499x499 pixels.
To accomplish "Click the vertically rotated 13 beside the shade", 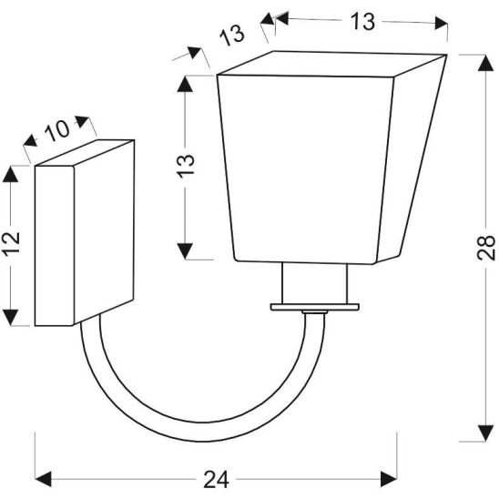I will tap(186, 167).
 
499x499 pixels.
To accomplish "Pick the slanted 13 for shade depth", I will tap(233, 36).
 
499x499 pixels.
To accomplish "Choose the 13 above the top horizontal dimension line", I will tap(362, 23).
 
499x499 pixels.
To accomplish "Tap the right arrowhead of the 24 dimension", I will tap(391, 478).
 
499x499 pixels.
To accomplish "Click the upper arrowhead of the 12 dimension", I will tap(13, 172).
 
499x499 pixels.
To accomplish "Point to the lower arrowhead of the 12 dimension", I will tap(13, 318).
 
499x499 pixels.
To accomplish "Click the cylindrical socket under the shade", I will tap(315, 284).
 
